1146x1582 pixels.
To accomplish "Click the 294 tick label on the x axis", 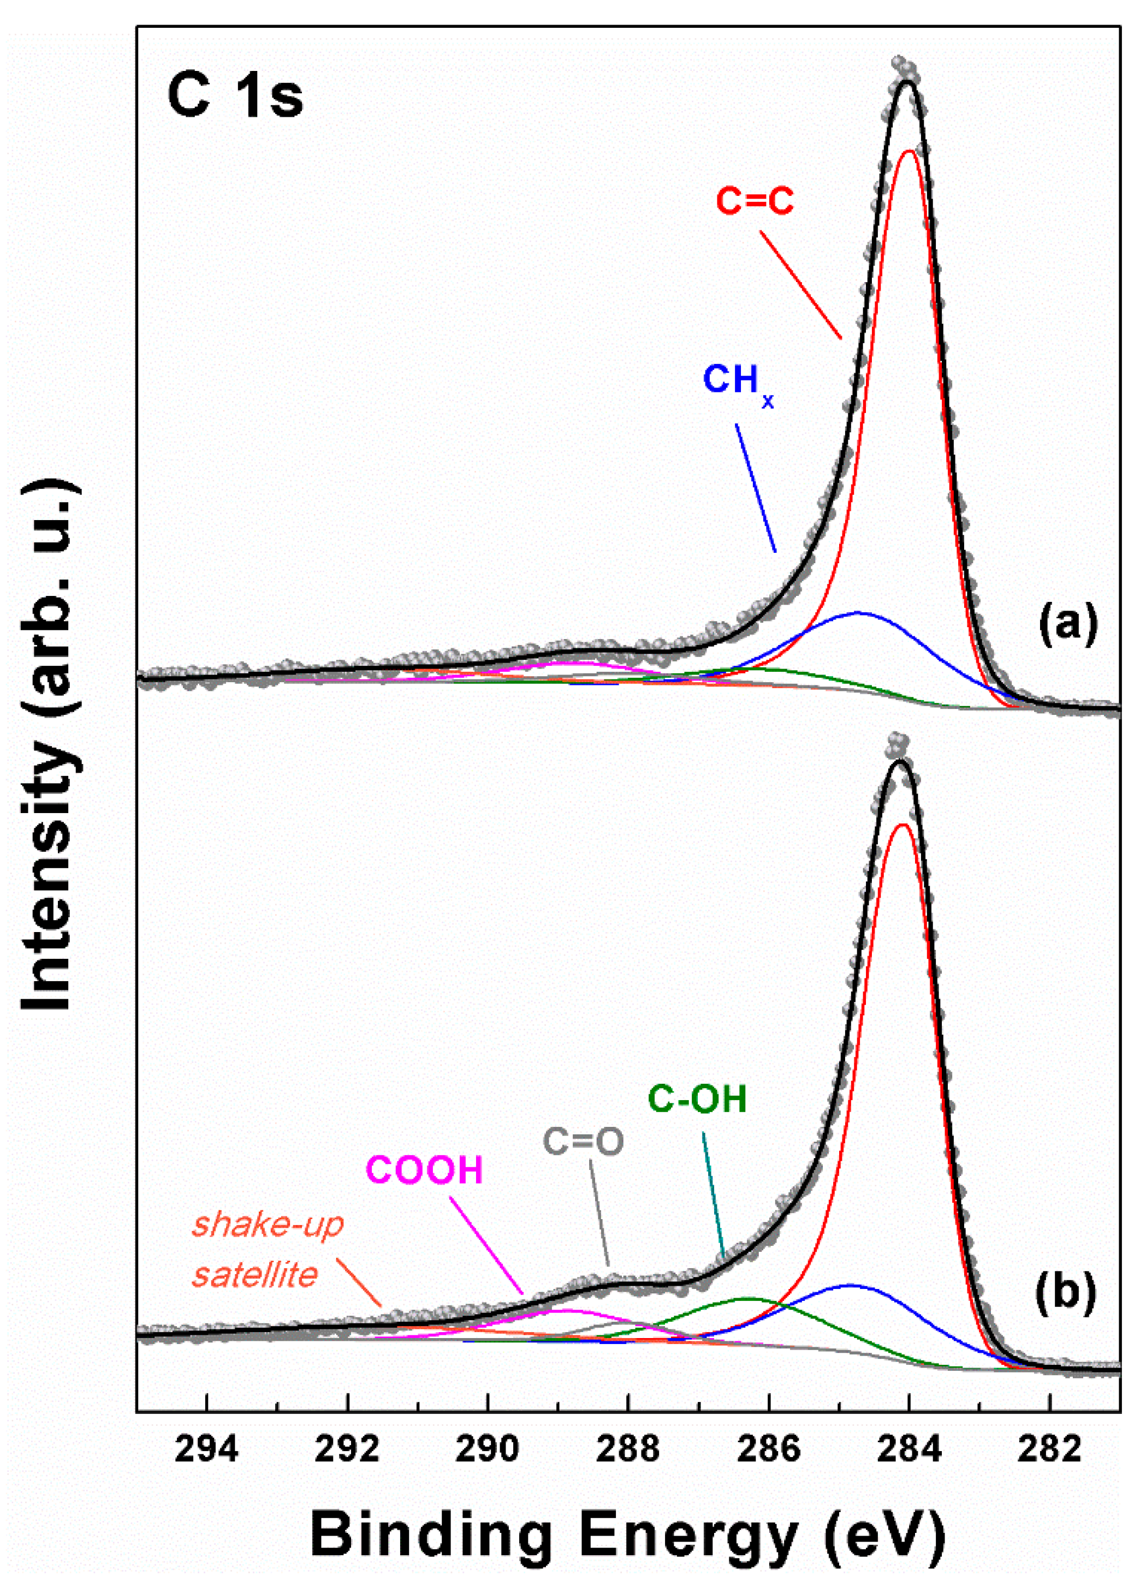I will click(x=206, y=1450).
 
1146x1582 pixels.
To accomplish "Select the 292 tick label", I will click(x=347, y=1450).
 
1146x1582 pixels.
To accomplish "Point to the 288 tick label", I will click(x=628, y=1450).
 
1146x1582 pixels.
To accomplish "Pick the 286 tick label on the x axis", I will click(x=768, y=1450).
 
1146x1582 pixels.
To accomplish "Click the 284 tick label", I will click(x=909, y=1450).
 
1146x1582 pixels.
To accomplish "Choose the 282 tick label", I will click(x=1049, y=1450).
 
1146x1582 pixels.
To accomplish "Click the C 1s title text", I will click(x=235, y=97).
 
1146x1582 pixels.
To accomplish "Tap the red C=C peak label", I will click(x=755, y=201).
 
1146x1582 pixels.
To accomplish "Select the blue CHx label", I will click(x=737, y=382).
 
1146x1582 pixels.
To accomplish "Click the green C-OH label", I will click(x=697, y=1099).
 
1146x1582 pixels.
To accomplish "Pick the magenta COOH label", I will click(x=424, y=1171).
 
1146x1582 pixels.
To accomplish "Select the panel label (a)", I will click(x=1068, y=623).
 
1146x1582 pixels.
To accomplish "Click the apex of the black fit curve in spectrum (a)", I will click(x=907, y=82).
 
